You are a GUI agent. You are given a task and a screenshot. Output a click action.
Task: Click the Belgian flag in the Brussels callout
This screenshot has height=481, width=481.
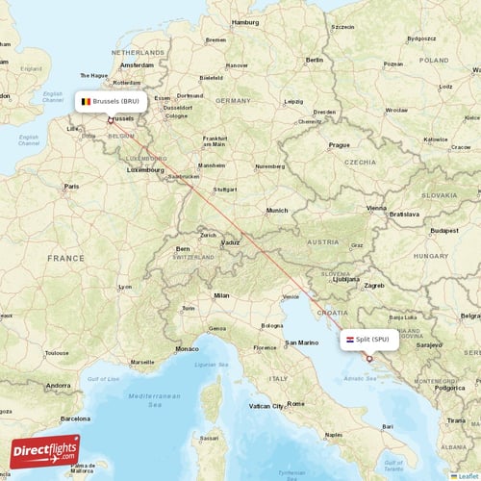click(86, 101)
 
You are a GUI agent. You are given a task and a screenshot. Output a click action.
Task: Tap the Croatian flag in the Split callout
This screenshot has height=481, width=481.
click(349, 339)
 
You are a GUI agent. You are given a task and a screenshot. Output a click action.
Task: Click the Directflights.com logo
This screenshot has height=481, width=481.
click(45, 452)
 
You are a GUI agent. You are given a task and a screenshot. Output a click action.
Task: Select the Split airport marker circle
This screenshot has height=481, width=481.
click(368, 358)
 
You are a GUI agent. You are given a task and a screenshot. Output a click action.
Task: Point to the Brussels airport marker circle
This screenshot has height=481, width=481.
click(110, 120)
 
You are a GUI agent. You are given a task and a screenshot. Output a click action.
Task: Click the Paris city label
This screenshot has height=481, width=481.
click(70, 186)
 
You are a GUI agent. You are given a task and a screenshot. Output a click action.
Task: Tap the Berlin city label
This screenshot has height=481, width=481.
click(314, 60)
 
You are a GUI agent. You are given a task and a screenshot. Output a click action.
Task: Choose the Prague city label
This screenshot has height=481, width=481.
click(339, 144)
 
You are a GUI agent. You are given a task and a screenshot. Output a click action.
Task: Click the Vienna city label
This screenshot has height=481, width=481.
click(375, 207)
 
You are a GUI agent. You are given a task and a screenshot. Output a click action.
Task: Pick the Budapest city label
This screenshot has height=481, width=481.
click(444, 231)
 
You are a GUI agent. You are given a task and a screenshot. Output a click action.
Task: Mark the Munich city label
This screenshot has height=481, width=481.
click(277, 210)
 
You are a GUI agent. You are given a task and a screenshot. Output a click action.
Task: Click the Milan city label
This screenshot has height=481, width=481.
click(222, 295)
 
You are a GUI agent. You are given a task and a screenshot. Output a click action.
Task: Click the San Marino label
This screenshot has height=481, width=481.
click(302, 343)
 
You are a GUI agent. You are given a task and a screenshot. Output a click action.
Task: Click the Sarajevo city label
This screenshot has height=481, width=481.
click(428, 343)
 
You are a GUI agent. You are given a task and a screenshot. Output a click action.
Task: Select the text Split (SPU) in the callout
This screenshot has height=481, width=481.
click(373, 339)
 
